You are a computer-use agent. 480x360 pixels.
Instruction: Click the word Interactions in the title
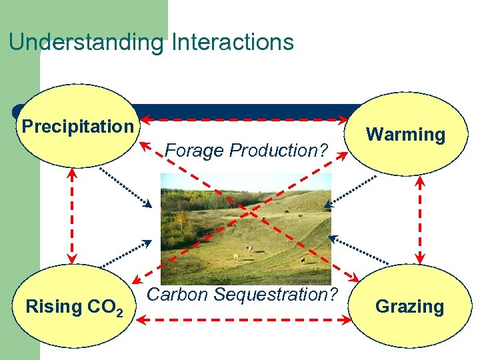(233, 42)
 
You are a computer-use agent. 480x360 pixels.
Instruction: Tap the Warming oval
(405, 134)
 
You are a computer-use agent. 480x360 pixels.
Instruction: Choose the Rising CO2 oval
(73, 307)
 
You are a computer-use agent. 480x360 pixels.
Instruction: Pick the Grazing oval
(409, 307)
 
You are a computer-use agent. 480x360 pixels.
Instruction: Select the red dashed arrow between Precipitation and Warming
(247, 120)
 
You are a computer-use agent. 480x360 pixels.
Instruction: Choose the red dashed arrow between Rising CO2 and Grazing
(243, 321)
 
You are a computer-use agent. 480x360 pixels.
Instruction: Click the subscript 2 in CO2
(119, 311)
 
